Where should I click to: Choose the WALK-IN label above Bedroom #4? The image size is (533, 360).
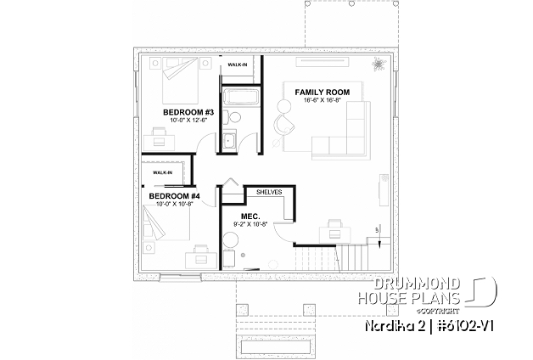[x=162, y=172]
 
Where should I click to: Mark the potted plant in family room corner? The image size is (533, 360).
[x=377, y=65]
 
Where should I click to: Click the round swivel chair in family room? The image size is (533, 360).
[x=284, y=123]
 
